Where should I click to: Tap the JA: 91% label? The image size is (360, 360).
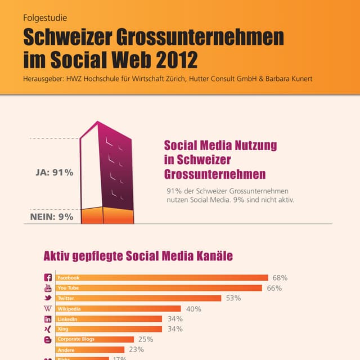[x=51, y=173]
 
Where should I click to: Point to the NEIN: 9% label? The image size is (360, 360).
[x=51, y=216]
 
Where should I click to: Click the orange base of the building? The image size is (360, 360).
[x=107, y=216]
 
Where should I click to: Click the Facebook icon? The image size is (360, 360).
[x=48, y=278]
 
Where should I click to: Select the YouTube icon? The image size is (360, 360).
[x=48, y=288]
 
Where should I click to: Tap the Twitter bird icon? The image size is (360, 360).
[x=48, y=298]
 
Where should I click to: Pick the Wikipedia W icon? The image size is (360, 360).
[x=48, y=309]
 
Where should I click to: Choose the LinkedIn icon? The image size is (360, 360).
[x=48, y=319]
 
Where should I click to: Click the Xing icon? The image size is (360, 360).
[x=48, y=329]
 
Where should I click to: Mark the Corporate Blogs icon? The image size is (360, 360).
[x=48, y=340]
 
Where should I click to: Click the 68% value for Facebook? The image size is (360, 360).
[x=280, y=278]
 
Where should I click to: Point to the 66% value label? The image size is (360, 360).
[x=274, y=288]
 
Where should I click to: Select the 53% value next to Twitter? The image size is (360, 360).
[x=233, y=298]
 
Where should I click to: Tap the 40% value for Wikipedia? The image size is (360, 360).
[x=193, y=309]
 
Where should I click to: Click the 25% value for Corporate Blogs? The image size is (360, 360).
[x=145, y=339]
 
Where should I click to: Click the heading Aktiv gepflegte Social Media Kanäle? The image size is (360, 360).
[x=138, y=256]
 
